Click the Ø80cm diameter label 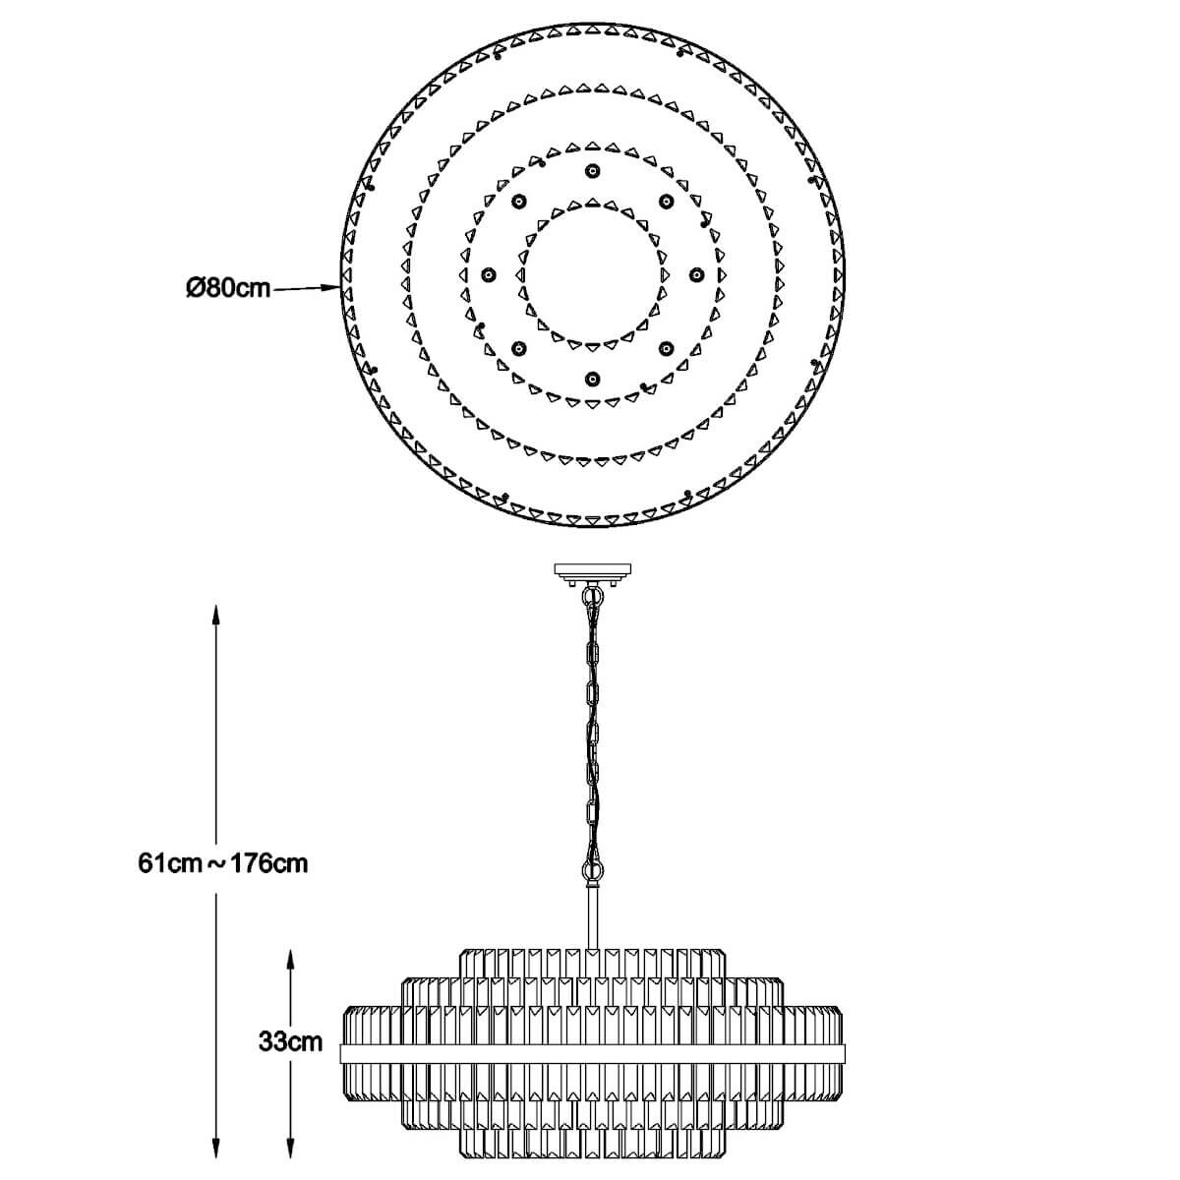click(228, 288)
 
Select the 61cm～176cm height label click(223, 864)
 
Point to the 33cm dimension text click(290, 1041)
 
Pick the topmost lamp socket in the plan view click(592, 171)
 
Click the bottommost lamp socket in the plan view click(592, 379)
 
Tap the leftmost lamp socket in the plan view click(488, 275)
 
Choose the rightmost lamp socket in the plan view click(695, 275)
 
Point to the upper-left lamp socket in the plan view click(518, 201)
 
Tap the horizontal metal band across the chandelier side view click(592, 1053)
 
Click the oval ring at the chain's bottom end click(592, 869)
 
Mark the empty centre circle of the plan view click(592, 275)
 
